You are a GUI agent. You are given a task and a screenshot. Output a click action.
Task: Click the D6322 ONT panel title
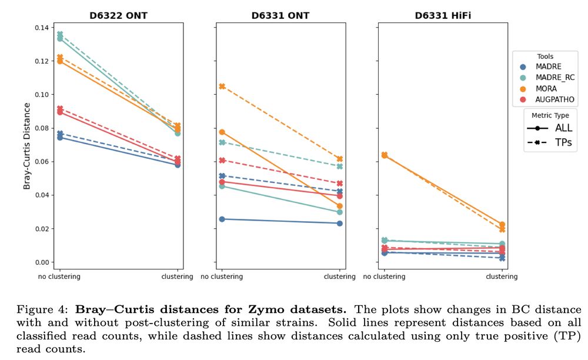pos(119,16)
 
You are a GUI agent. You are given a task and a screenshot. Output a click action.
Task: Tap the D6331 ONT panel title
pos(281,16)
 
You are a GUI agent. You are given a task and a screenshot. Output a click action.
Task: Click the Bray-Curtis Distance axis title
pos(27,146)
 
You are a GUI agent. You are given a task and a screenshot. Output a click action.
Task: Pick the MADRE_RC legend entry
pos(554,78)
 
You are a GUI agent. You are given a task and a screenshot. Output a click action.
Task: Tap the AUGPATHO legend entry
pos(554,100)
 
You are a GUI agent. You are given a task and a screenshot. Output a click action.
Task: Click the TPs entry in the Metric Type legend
pos(563,142)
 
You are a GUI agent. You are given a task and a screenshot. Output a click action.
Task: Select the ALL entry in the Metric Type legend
pos(563,128)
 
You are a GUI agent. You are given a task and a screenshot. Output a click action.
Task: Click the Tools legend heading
pos(545,56)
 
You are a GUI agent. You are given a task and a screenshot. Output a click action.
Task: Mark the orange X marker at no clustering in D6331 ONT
pos(222,86)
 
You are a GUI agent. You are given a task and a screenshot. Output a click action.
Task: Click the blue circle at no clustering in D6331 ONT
pos(222,219)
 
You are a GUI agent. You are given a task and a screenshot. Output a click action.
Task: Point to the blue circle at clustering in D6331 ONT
pos(340,223)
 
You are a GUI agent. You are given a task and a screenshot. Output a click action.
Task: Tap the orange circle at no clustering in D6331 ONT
pos(222,132)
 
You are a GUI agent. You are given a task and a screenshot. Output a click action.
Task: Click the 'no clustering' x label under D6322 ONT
pos(59,276)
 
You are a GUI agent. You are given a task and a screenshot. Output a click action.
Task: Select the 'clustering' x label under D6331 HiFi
pos(502,276)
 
